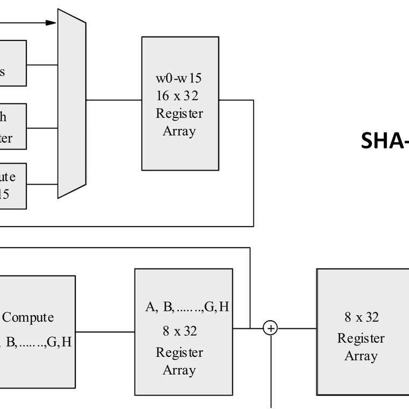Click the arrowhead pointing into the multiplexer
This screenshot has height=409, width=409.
click(x=51, y=23)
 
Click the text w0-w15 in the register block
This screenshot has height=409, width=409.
click(x=179, y=78)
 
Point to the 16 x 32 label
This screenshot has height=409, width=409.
click(x=179, y=96)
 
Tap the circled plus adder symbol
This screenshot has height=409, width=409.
click(x=270, y=328)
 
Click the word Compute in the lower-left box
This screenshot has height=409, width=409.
click(x=28, y=318)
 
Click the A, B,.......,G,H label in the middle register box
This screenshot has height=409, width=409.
click(x=187, y=307)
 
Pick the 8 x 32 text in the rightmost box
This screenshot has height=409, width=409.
click(x=362, y=317)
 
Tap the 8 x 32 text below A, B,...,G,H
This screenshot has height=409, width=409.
click(x=180, y=330)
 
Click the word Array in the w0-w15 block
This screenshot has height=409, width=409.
click(x=179, y=131)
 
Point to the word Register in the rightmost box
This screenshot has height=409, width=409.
click(x=361, y=339)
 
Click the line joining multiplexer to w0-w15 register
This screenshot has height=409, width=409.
click(x=114, y=100)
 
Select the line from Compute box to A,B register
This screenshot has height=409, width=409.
click(x=105, y=332)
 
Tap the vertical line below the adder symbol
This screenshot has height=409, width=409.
click(x=270, y=371)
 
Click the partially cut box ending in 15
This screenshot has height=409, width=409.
click(x=12, y=185)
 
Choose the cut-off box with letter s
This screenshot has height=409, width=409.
click(x=12, y=63)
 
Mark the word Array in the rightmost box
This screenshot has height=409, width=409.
click(x=361, y=356)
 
